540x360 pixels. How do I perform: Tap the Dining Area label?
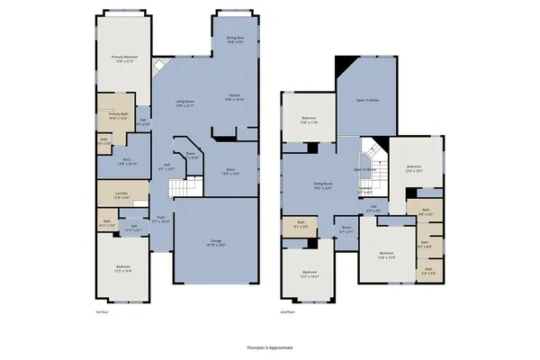pos(234,40)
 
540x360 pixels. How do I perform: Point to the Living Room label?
pos(185,103)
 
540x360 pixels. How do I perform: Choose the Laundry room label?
pos(121,195)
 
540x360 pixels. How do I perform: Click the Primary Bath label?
pos(120,115)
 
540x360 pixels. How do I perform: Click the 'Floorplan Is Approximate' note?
pos(269,346)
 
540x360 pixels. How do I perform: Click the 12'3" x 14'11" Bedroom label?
pos(310,274)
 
